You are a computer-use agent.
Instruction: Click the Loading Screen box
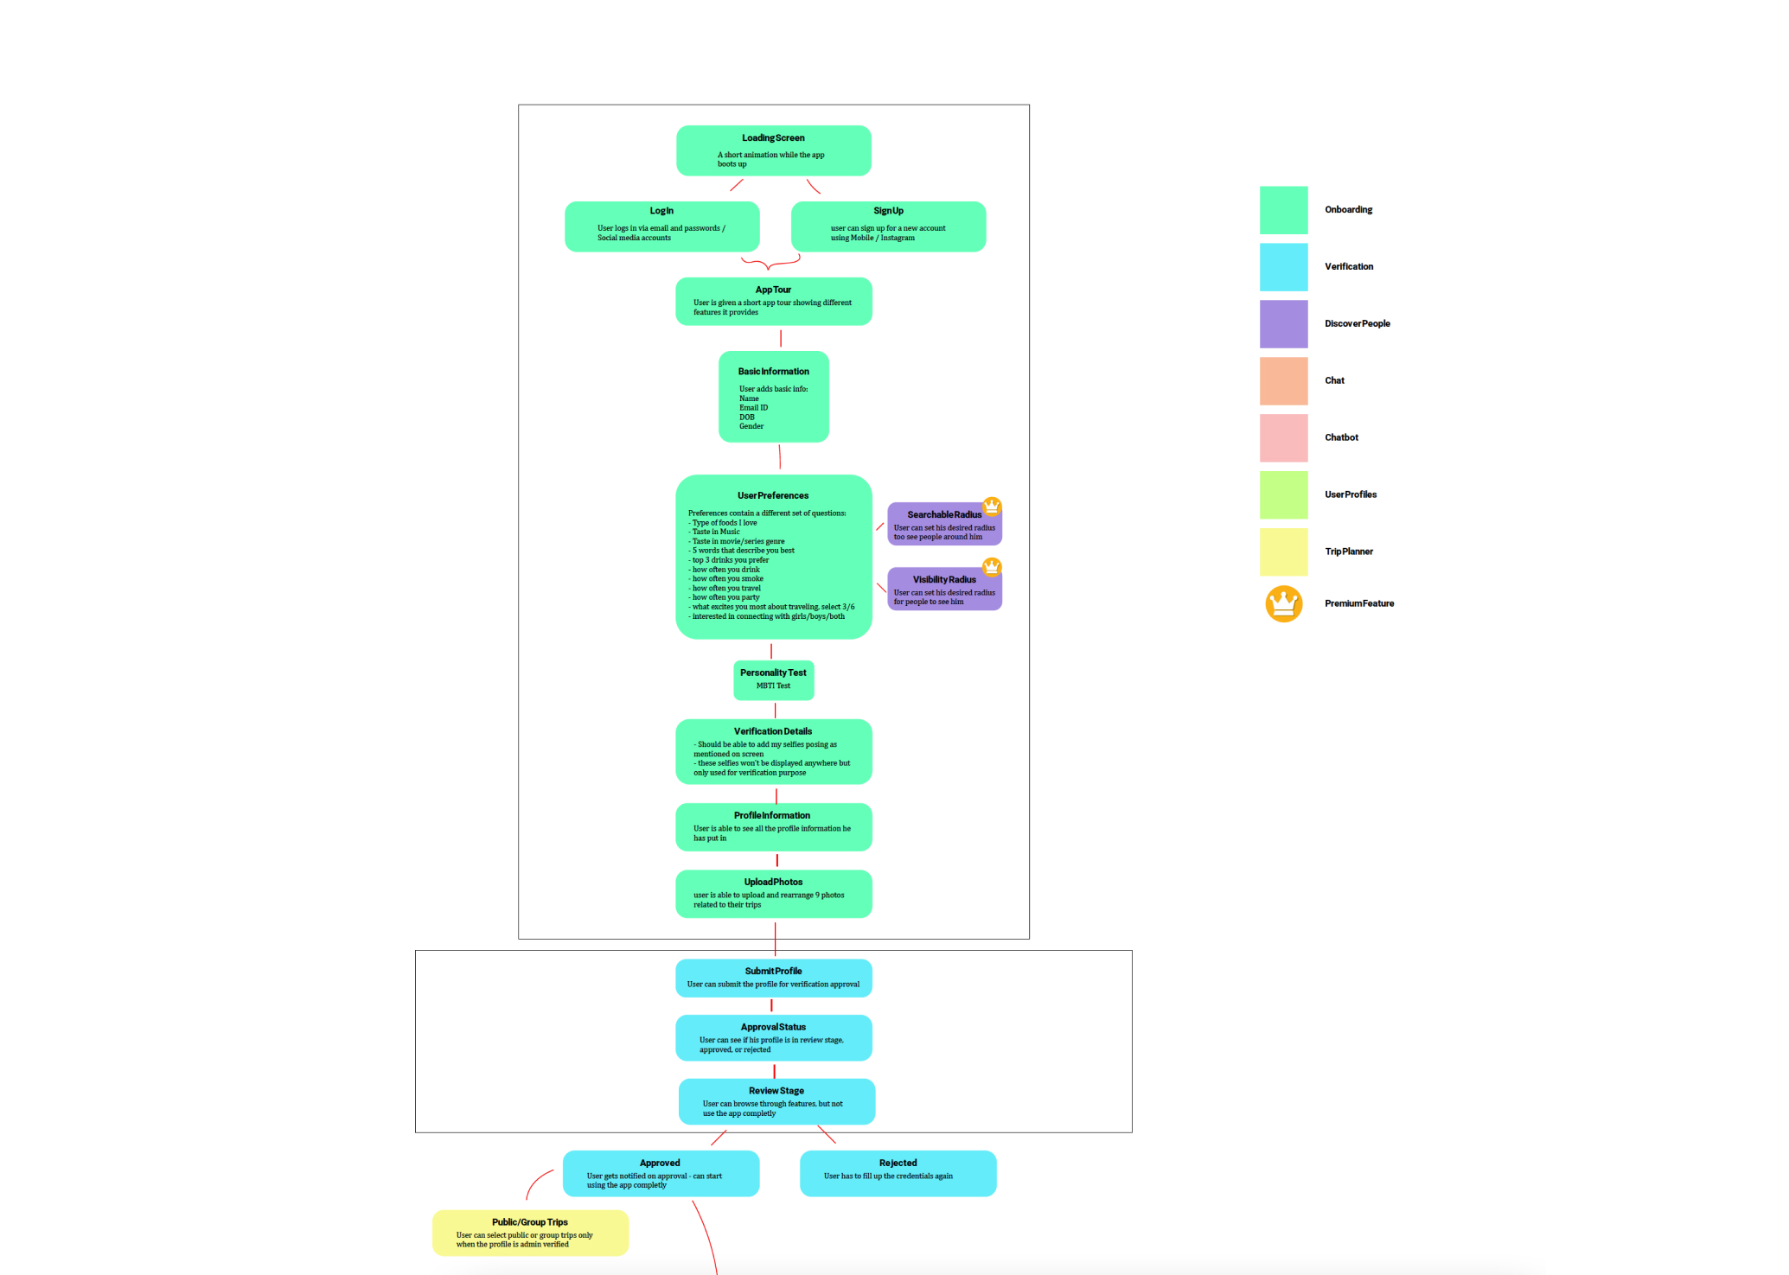(x=773, y=150)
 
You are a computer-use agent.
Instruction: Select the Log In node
(x=661, y=226)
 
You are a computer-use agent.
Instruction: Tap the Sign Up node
(x=888, y=226)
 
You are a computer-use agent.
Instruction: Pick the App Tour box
(x=773, y=301)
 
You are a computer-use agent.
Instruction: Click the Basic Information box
(x=773, y=397)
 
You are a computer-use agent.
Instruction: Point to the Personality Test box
(x=773, y=680)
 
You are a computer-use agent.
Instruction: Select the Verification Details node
(x=773, y=752)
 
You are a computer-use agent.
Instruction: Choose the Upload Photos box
(x=773, y=894)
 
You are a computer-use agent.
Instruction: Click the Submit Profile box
(x=773, y=978)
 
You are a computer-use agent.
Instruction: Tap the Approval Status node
(x=773, y=1037)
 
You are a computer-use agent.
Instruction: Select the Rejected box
(x=898, y=1173)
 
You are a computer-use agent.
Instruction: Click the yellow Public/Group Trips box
(x=530, y=1233)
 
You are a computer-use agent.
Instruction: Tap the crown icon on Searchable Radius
(x=992, y=506)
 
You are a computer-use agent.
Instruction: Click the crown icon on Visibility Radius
(x=992, y=567)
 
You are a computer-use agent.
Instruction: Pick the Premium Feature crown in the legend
(x=1283, y=603)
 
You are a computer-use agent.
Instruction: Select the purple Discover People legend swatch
(x=1283, y=324)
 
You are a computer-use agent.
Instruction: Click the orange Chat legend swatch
(x=1283, y=381)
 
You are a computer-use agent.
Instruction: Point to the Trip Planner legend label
(x=1348, y=551)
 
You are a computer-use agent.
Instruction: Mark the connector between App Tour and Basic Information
(x=781, y=338)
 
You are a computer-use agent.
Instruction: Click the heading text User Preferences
(x=773, y=495)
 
